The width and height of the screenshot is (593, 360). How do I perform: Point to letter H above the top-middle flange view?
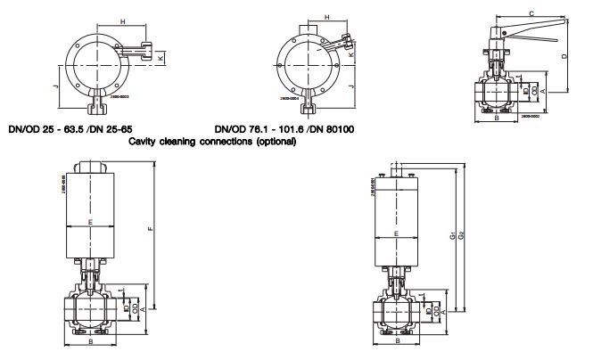[328, 17]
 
